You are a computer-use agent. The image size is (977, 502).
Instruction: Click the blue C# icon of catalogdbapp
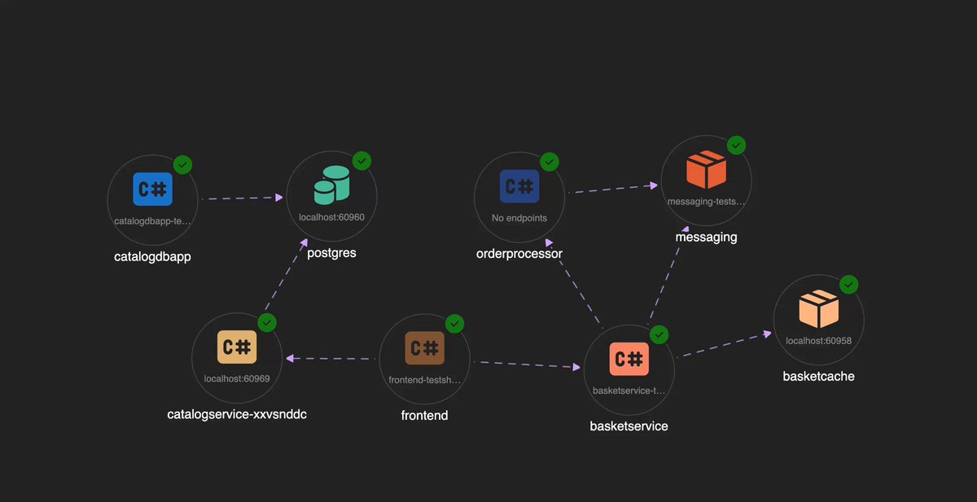pos(153,189)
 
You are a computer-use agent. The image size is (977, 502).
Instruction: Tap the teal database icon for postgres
pos(332,186)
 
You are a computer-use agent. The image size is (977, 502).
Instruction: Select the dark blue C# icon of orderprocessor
pos(519,186)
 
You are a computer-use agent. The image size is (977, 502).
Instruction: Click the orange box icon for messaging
pos(706,169)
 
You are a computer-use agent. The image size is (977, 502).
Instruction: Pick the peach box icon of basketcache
pos(819,308)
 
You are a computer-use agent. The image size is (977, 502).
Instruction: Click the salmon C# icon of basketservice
pos(629,359)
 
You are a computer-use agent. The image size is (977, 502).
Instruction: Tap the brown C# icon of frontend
pos(424,348)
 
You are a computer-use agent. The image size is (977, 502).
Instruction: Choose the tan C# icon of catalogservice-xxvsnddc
pos(237,347)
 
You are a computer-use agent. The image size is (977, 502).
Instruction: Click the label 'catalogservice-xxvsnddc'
pos(237,414)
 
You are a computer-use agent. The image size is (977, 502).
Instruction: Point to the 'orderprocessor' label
pos(519,254)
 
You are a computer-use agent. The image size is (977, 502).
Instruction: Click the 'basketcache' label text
pos(819,376)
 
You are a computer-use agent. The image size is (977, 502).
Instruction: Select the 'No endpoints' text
pos(519,218)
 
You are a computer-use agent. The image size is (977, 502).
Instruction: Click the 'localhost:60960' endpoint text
pos(331,217)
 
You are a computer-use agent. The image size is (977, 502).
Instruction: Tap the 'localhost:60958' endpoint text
pos(819,341)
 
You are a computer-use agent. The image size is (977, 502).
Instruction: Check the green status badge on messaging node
pos(736,145)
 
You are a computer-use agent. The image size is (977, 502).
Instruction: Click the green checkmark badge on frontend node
pos(454,324)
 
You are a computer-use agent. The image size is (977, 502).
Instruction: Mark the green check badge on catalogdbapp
pos(182,164)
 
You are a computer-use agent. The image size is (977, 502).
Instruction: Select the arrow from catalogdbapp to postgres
pos(243,199)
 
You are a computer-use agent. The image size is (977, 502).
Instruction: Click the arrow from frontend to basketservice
pos(528,364)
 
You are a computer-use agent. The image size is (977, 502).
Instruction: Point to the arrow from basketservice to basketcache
pos(724,345)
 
